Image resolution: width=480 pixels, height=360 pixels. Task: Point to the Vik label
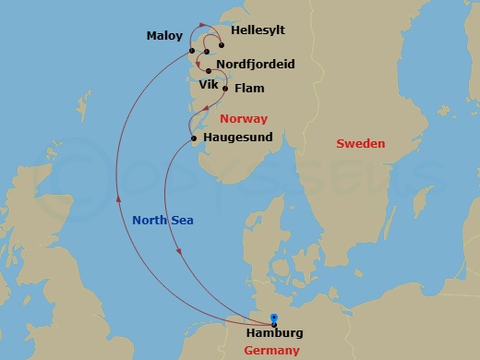click(210, 83)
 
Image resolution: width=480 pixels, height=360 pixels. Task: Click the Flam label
click(250, 89)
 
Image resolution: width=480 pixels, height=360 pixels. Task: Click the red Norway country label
click(244, 118)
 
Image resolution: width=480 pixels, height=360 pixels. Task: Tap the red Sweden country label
click(360, 143)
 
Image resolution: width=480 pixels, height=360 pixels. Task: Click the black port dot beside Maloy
click(191, 50)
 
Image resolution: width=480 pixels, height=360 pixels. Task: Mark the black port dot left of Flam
click(225, 90)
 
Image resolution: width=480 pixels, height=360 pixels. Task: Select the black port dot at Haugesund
click(193, 138)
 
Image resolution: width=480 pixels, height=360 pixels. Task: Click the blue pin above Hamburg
click(274, 318)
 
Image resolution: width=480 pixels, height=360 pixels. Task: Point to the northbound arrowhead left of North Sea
click(117, 195)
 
